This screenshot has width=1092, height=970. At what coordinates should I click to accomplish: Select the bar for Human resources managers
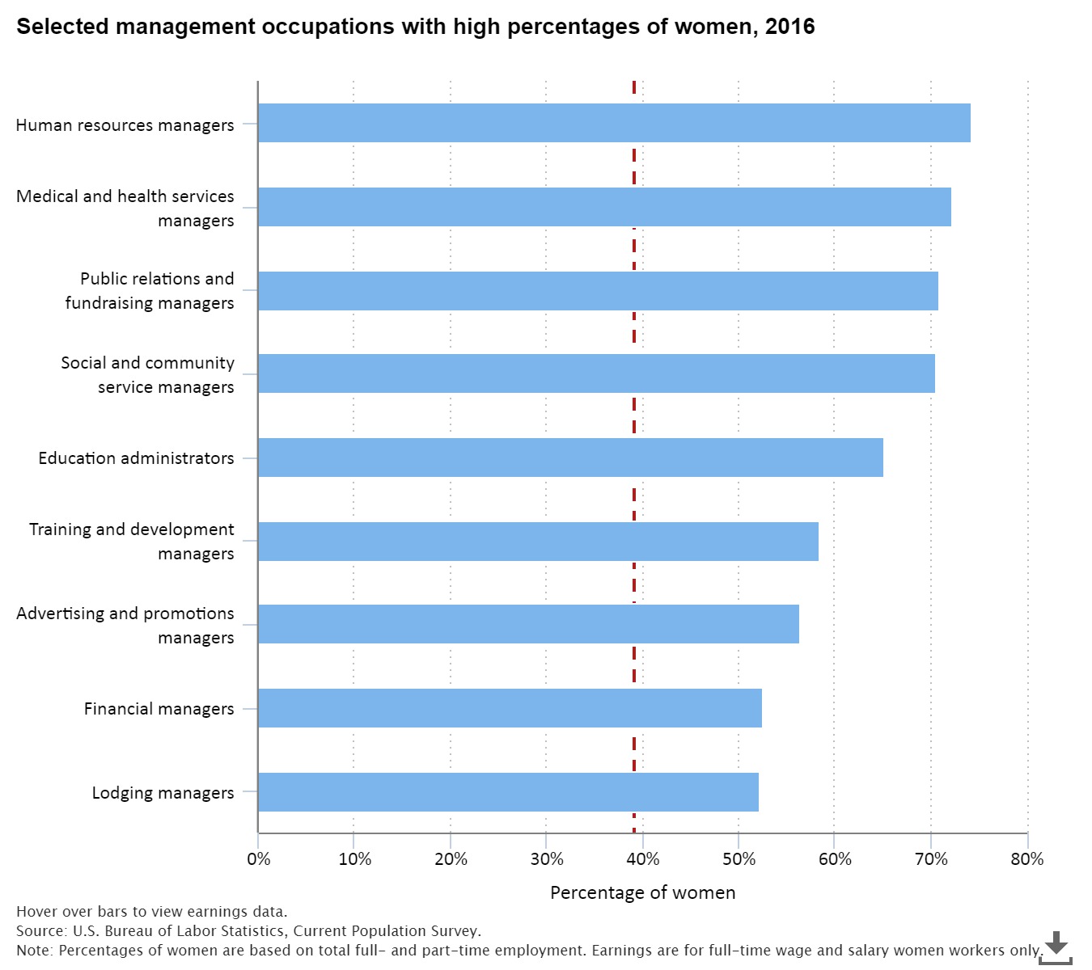[614, 123]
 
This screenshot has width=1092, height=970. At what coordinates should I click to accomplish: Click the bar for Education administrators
[570, 458]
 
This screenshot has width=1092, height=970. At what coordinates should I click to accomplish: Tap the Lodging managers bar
[508, 792]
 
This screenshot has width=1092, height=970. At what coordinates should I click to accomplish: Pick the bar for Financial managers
[510, 708]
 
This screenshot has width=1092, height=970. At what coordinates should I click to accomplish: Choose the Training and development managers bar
[538, 542]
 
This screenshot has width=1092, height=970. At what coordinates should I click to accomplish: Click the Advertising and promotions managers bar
[528, 624]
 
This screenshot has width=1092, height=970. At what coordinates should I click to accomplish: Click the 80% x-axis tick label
[1026, 858]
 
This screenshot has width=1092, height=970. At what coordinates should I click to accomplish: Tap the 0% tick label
[259, 858]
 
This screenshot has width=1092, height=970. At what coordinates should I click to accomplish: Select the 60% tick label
[835, 858]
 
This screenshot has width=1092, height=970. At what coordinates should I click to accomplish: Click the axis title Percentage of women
[642, 892]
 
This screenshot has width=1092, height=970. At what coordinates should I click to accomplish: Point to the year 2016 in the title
[789, 27]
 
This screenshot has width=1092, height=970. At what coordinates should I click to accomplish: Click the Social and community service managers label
[148, 374]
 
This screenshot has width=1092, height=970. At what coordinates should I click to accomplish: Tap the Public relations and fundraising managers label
[150, 290]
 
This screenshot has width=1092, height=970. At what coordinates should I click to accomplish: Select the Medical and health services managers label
[125, 208]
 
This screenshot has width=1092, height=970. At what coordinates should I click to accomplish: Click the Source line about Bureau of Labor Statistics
[248, 931]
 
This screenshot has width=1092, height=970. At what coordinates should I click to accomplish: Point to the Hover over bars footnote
[151, 912]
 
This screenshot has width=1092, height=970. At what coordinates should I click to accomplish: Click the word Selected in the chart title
[62, 27]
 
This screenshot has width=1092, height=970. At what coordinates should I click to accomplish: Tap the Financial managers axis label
[159, 709]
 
